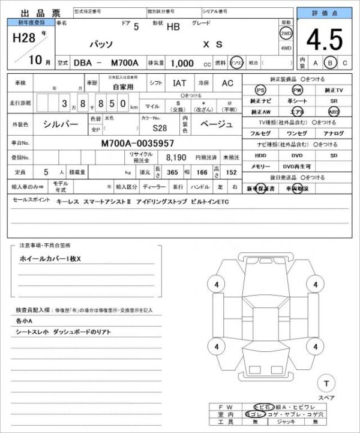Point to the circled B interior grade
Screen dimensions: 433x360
(x=329, y=62)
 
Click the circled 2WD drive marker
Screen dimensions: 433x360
(x=286, y=34)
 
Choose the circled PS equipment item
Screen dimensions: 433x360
(x=260, y=89)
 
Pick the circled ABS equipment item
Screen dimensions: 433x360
(x=333, y=112)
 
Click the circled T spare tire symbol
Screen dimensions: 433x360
(x=326, y=383)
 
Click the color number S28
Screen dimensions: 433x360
(x=160, y=128)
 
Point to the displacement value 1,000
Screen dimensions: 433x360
(x=182, y=62)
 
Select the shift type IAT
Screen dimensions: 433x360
(x=179, y=83)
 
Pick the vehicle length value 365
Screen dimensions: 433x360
(x=173, y=172)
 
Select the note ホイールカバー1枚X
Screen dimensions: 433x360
(x=54, y=258)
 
